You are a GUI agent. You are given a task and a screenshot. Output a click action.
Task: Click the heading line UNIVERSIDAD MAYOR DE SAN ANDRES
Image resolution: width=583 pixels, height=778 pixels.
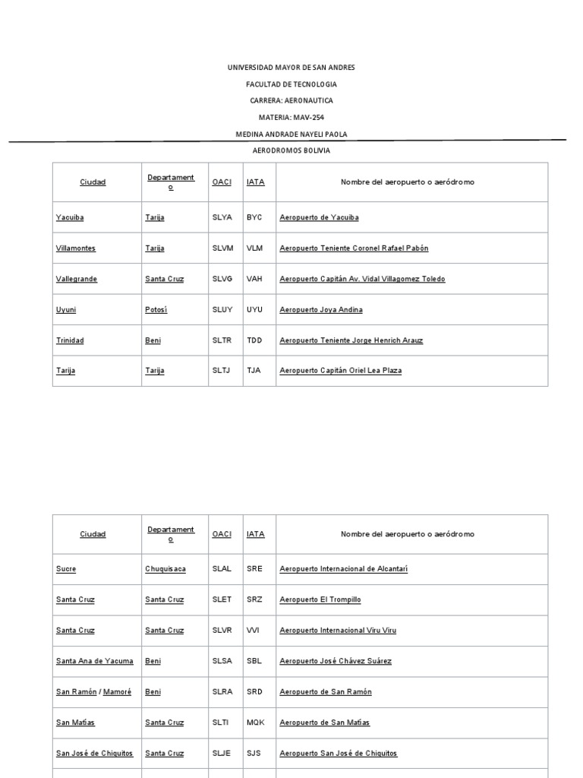291,68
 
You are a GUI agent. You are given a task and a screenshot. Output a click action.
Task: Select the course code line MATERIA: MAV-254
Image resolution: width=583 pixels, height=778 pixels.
291,117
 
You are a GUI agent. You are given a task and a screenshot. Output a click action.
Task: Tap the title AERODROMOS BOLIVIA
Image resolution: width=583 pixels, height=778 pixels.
291,150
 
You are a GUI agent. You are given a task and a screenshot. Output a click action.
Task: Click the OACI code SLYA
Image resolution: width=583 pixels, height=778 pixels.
222,217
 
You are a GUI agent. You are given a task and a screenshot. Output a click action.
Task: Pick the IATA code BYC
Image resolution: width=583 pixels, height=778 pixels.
254,217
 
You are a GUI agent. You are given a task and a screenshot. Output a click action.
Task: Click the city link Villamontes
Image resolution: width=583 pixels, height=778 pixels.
76,248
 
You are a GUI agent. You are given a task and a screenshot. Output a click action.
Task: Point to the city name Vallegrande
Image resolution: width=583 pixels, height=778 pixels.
77,279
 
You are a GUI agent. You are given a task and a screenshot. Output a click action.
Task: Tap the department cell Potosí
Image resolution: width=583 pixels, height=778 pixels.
156,310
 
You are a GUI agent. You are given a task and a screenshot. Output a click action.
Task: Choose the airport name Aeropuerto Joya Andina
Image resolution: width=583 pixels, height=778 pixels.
321,310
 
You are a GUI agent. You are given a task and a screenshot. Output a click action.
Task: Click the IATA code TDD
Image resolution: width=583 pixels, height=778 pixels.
254,340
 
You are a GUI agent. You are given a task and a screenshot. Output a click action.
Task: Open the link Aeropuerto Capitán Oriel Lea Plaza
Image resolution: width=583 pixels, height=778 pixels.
340,371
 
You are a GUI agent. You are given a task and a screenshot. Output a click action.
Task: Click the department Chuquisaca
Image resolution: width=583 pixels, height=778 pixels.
165,568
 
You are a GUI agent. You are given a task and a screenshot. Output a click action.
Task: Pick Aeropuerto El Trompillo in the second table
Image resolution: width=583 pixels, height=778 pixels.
320,599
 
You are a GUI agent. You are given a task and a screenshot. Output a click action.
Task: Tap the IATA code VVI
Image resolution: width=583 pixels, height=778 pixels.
253,630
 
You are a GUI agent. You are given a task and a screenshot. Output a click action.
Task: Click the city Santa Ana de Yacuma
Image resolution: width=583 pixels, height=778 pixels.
95,661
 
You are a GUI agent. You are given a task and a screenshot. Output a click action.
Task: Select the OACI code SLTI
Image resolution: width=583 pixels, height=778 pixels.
220,723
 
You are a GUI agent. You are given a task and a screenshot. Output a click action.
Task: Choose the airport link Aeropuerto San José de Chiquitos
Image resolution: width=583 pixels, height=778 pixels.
338,754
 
